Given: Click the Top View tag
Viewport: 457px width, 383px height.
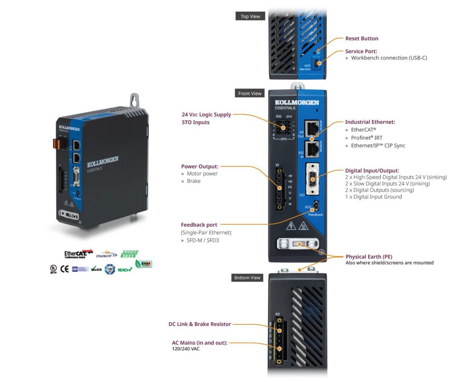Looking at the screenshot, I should (250, 17).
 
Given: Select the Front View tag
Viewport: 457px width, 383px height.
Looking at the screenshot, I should (250, 93).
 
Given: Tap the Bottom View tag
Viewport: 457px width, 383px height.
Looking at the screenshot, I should (247, 278).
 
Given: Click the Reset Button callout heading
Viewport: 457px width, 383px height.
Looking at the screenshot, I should (361, 39).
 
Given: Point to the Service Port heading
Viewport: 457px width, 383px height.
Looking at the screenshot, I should (361, 51).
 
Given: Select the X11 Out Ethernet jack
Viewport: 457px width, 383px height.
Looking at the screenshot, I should (311, 127).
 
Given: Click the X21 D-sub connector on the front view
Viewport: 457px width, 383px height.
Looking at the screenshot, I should (312, 179).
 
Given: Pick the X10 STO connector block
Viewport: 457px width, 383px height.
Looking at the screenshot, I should (283, 128).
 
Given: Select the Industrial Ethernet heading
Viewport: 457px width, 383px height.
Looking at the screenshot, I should (370, 122).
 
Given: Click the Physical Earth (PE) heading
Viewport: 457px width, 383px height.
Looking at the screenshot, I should (370, 257).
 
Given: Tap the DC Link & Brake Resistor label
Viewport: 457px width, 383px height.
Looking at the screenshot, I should (199, 324).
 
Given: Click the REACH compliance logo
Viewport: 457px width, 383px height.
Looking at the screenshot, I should (124, 269).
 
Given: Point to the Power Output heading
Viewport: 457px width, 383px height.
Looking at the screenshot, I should (199, 167).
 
